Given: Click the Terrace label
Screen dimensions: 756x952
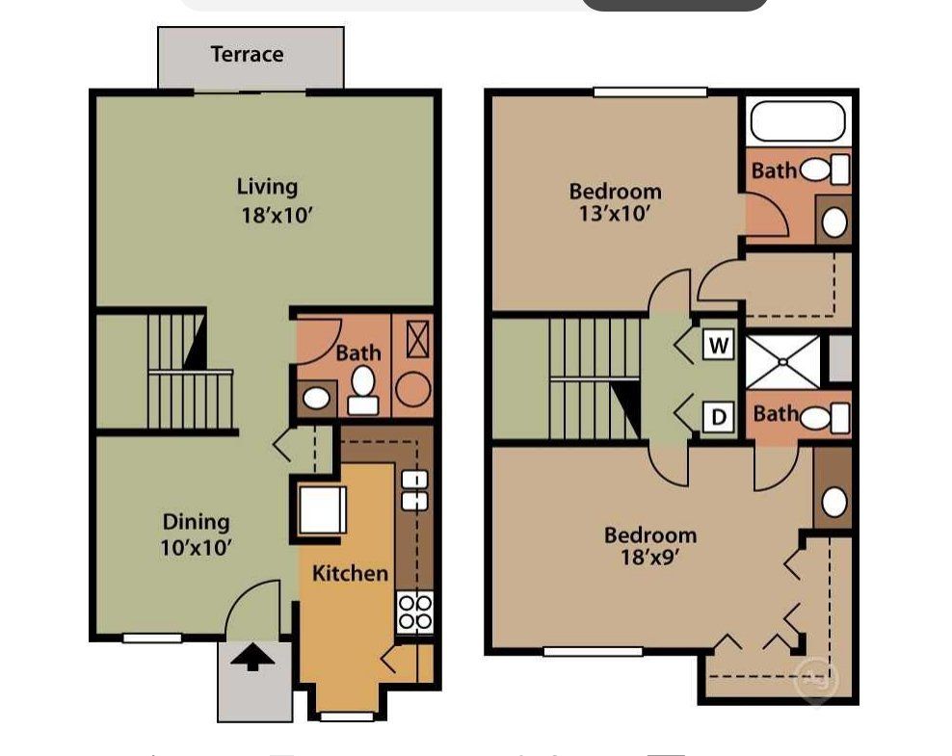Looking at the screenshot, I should coord(247,54).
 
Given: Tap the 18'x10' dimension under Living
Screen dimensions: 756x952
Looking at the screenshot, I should coord(277,215).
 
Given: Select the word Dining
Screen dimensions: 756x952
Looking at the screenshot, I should coord(196,522).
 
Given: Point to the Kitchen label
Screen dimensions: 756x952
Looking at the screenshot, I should coord(350,573).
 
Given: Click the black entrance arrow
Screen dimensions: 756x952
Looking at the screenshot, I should coord(252,658).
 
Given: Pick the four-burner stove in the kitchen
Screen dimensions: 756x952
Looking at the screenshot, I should coord(415,611).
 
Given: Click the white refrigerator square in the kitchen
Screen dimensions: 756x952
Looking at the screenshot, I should coord(322,509).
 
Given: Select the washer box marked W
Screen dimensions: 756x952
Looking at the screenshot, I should coord(718,345).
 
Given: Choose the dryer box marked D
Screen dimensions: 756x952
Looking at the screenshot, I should coord(718,417).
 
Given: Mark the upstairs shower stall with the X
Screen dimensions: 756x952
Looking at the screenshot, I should coord(784,361).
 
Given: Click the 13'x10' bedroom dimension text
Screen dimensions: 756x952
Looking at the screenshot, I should coord(615,214).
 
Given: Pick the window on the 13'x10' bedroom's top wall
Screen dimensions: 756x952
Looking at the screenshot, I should coord(650,92).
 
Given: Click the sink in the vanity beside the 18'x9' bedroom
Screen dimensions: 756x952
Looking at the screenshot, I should coord(833,501).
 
